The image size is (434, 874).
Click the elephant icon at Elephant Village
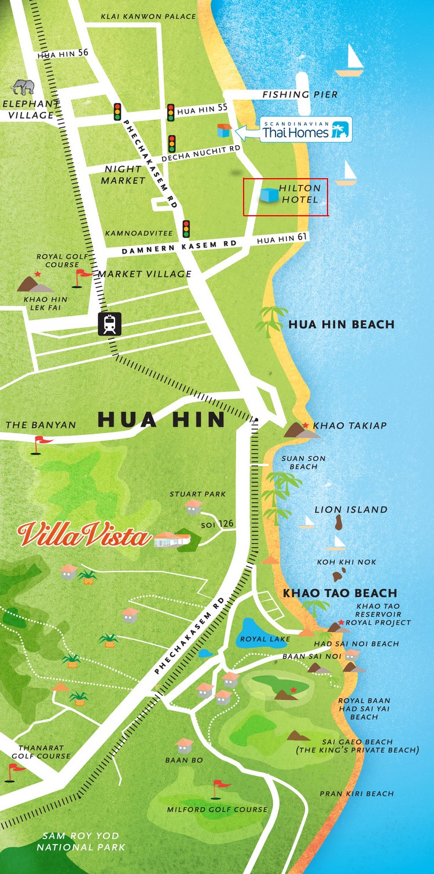(23, 87)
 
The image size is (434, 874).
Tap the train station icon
(109, 324)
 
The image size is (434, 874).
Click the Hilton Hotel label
(300, 194)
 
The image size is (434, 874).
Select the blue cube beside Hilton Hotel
(268, 195)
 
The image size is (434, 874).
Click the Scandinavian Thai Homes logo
(305, 130)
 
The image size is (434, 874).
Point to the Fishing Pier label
(300, 94)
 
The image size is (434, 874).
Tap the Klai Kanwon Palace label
(148, 16)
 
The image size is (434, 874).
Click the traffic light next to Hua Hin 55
(171, 112)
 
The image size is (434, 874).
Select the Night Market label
(123, 175)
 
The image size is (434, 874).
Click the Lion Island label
(351, 510)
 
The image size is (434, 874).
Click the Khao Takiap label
(350, 426)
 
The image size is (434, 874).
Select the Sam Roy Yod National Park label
(81, 842)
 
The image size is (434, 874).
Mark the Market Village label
(144, 274)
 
